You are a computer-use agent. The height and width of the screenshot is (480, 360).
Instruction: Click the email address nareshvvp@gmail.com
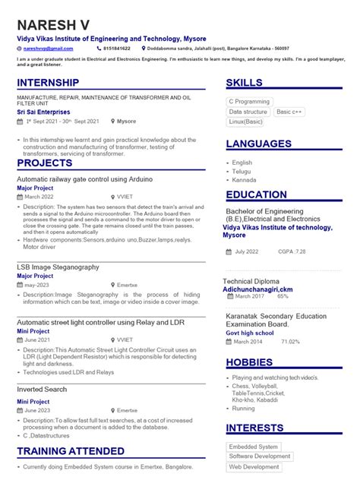[x=47, y=49]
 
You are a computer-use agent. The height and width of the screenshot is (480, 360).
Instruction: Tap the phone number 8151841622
[x=116, y=49]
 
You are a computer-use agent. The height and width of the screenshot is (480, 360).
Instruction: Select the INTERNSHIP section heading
[x=48, y=83]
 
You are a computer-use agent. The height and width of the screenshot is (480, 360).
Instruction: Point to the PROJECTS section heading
[x=45, y=163]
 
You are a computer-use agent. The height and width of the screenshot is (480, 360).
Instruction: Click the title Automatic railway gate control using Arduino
[x=84, y=179]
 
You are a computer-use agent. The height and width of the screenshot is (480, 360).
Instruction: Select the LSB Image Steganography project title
[x=58, y=267]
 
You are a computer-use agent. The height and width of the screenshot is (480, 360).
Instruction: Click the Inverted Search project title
[x=42, y=390]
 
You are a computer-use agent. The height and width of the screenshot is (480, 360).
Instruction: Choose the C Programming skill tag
[x=249, y=101]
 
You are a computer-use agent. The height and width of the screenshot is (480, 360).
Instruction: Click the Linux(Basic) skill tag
[x=246, y=122]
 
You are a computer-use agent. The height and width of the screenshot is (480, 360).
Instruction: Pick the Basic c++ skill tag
[x=289, y=112]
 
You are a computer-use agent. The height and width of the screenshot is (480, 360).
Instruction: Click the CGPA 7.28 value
[x=292, y=251]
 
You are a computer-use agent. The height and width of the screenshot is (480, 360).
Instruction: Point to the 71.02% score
[x=290, y=342]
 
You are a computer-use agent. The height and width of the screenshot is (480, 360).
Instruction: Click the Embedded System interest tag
[x=254, y=447]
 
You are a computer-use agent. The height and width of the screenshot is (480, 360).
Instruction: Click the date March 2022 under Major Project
[x=39, y=196]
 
